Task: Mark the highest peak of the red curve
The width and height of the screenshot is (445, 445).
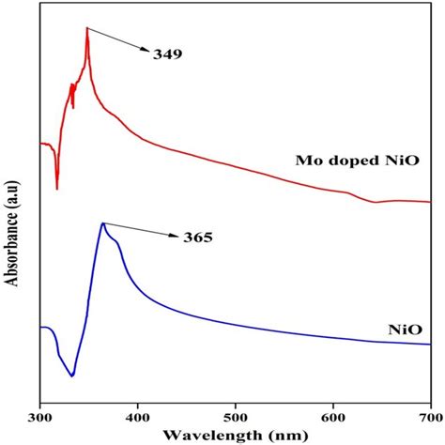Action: (x=87, y=28)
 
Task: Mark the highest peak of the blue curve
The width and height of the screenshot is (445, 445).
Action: (x=102, y=223)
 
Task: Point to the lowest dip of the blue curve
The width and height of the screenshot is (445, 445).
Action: (x=71, y=376)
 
